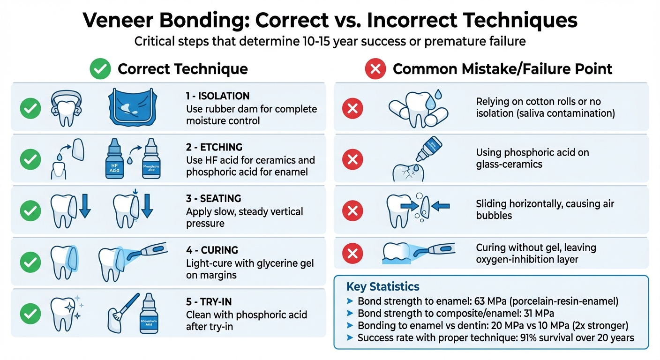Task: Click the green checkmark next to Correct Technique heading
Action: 100,69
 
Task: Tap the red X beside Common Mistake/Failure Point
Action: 375,69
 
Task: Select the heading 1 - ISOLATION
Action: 217,96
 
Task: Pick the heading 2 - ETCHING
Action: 214,147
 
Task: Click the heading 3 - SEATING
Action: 213,198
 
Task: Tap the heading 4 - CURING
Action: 212,250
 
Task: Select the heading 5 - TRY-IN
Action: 210,301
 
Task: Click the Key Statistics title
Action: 383,286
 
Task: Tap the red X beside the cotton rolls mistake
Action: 352,109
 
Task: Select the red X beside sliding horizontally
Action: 352,211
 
